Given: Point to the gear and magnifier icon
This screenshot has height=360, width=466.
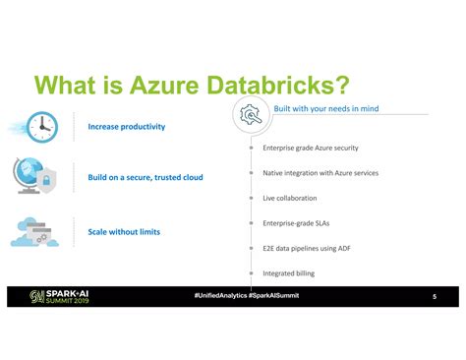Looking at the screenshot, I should tap(251, 115).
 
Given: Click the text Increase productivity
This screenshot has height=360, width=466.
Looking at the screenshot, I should tap(127, 127).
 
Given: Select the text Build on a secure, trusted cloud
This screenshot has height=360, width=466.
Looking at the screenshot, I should tap(146, 178).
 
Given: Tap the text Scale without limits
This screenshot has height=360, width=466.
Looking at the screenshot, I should tap(124, 232).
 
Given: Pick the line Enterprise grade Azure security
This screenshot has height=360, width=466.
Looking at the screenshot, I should tap(311, 149).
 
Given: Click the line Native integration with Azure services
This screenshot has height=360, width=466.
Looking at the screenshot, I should tap(320, 173).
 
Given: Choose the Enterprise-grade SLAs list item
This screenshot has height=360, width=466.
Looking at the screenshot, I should tap(296, 223).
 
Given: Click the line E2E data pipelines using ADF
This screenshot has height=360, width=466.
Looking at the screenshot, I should tap(307, 248).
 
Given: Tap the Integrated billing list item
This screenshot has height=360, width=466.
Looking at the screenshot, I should tap(289, 272).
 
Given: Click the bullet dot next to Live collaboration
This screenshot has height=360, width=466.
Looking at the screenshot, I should tap(252, 198).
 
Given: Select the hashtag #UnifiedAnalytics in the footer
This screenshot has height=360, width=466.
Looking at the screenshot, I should tap(221, 295).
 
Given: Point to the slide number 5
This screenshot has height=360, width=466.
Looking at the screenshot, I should tap(434, 297).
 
